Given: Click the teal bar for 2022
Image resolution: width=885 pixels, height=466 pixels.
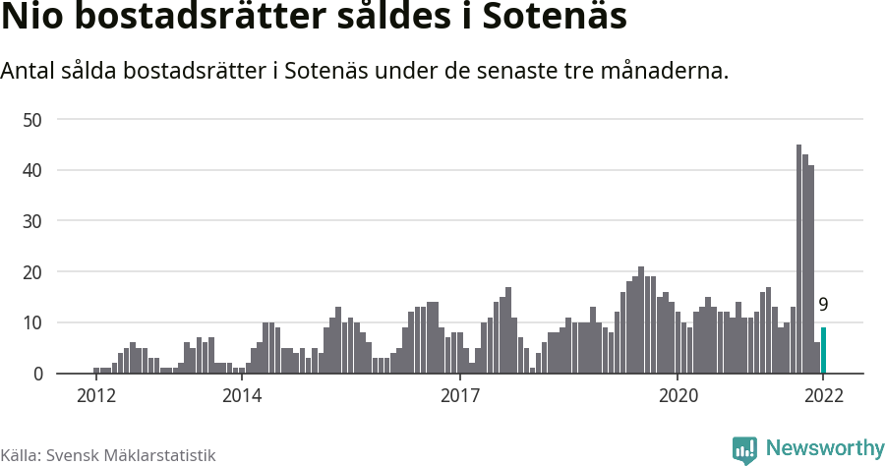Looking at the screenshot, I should (823, 350).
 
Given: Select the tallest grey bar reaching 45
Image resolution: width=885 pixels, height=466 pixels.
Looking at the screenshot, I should (798, 260).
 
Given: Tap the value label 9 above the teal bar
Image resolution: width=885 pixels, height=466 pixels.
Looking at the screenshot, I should (823, 306).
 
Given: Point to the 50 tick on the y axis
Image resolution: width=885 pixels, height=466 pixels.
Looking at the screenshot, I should (32, 120).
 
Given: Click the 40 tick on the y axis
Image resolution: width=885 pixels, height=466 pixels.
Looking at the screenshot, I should (32, 170).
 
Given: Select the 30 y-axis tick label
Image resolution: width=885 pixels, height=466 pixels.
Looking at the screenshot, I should (32, 221).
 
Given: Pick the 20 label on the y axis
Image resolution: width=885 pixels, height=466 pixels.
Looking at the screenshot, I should (32, 272).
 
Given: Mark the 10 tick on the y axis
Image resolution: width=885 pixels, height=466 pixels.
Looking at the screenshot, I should (32, 322).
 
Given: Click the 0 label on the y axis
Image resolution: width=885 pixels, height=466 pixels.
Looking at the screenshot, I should (38, 374).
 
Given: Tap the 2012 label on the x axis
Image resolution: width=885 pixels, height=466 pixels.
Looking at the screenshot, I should (95, 396).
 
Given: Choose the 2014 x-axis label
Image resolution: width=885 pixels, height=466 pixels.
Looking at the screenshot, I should (241, 396).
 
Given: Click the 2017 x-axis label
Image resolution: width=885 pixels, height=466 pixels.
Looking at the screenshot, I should (459, 396).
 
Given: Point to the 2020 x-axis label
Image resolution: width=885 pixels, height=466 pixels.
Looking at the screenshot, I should (678, 396).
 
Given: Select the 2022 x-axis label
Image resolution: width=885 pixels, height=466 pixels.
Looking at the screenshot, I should (823, 396).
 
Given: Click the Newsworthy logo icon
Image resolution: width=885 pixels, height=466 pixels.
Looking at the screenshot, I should (744, 450).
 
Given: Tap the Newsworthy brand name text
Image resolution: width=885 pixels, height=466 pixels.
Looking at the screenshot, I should (824, 448).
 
